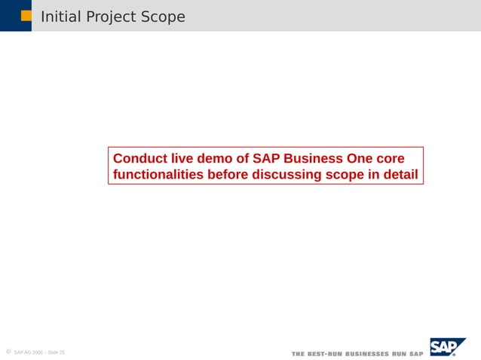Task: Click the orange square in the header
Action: pos(26,16)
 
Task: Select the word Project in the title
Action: pos(107,17)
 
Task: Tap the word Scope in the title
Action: pos(162,17)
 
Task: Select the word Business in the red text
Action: pos(313,159)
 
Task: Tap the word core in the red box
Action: pos(389,159)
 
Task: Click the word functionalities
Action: pos(158,175)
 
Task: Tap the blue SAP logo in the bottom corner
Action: pos(447,347)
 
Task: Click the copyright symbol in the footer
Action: pos(8,352)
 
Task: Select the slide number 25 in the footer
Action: pos(62,352)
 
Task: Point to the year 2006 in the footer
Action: pos(37,352)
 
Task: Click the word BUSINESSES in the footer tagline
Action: pos(367,354)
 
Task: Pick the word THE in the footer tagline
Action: pos(298,354)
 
